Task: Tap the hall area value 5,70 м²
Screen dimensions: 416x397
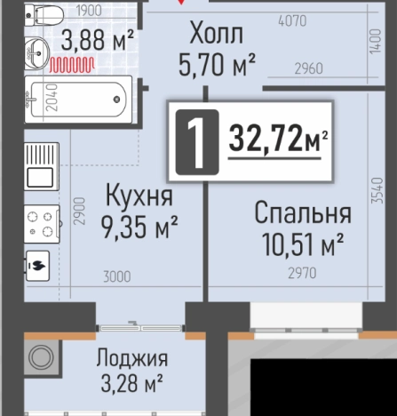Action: coord(218,63)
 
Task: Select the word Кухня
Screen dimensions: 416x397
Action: coord(137,194)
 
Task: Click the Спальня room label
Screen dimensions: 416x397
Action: coord(303,213)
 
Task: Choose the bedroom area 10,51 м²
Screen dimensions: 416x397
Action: coord(303,243)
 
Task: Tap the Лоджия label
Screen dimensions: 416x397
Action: coord(131,360)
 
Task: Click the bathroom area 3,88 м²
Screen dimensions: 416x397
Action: coord(98,39)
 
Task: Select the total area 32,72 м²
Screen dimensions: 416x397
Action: coord(279,139)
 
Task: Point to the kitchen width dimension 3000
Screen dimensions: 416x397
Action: coord(115,277)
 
